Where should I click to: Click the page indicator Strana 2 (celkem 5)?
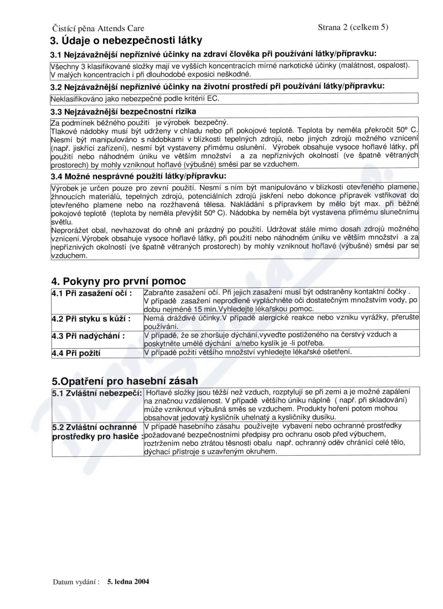(353, 26)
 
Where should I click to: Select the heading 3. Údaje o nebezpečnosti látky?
(126, 40)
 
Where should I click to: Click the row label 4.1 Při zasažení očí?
(91, 292)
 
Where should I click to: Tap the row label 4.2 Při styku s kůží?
(91, 319)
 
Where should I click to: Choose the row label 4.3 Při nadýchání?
(88, 336)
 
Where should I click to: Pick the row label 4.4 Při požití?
(80, 352)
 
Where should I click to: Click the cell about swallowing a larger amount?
(248, 352)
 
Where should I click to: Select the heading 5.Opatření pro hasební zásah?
(125, 381)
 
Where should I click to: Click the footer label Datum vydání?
(76, 582)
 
